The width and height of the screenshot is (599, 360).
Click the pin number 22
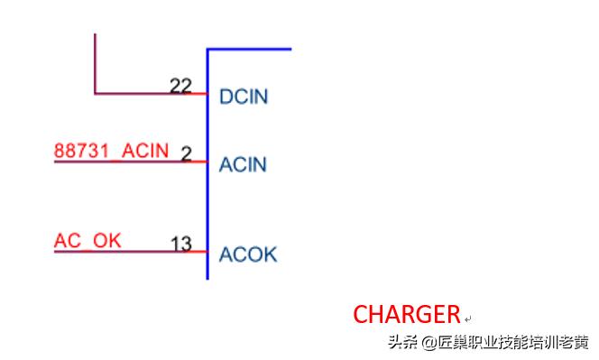pyautogui.click(x=180, y=85)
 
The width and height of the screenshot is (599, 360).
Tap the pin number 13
pyautogui.click(x=180, y=244)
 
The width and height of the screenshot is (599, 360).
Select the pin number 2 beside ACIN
pyautogui.click(x=186, y=154)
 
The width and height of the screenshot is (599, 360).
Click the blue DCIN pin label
pyautogui.click(x=244, y=97)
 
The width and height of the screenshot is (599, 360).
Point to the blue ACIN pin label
pyautogui.click(x=244, y=165)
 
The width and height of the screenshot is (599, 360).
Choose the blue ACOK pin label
pyautogui.click(x=248, y=254)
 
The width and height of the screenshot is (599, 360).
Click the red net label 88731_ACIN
pyautogui.click(x=111, y=150)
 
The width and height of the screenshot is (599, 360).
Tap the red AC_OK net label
pyautogui.click(x=88, y=240)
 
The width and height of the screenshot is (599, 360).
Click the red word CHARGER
pyautogui.click(x=406, y=314)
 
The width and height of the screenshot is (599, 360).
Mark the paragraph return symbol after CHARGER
pyautogui.click(x=467, y=318)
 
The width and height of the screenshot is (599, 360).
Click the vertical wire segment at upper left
pyautogui.click(x=95, y=63)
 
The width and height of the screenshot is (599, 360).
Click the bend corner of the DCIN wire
pyautogui.click(x=95, y=93)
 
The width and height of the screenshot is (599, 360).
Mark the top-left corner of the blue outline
pyautogui.click(x=207, y=49)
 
